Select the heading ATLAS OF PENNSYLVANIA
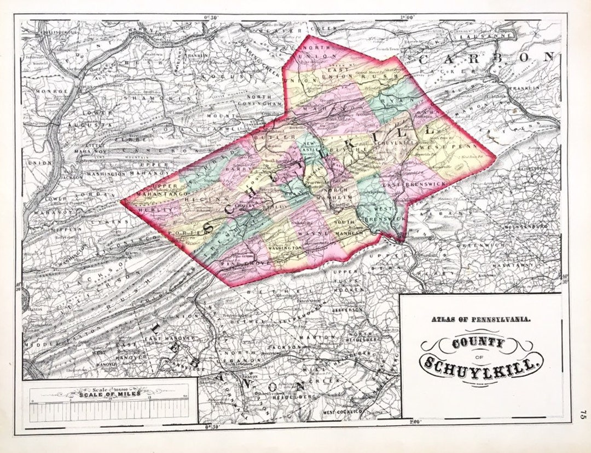click(480, 321)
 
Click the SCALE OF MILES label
click(109, 393)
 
